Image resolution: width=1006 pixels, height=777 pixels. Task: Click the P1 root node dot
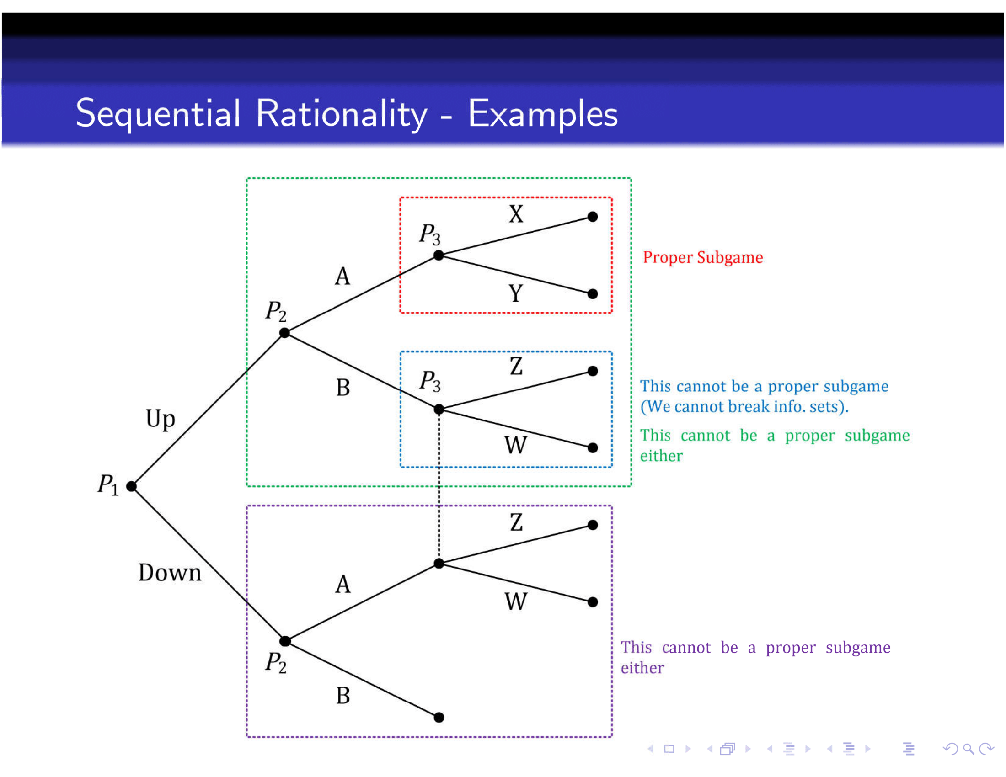coord(132,486)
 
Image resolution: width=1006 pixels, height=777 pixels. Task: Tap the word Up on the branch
coord(161,419)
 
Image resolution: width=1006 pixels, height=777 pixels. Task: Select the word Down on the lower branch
coord(170,573)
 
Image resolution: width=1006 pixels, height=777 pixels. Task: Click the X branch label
coord(516,214)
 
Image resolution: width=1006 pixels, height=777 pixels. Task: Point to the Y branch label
coord(516,293)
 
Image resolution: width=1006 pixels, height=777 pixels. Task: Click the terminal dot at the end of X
coord(593,217)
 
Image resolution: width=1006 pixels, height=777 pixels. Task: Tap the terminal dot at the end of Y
coord(593,294)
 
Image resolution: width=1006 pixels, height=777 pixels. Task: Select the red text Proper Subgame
coord(703,257)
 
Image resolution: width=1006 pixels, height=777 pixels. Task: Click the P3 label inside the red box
coord(429,234)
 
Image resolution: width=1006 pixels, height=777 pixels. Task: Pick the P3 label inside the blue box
coord(429,382)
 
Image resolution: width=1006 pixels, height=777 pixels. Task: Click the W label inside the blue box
coord(515,445)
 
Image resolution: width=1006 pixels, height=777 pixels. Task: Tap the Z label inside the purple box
coord(516,522)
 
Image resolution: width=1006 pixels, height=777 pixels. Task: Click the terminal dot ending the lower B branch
coord(439,717)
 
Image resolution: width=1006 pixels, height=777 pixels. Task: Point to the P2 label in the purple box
coord(275,663)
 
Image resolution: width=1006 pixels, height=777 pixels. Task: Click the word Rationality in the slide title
coord(341,114)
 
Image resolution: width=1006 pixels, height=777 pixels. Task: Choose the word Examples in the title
coord(543,114)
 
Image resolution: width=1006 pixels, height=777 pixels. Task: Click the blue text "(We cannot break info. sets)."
coord(744,407)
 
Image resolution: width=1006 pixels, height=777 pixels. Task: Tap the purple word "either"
coord(642,668)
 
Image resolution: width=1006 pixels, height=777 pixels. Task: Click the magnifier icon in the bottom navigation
coord(968,749)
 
